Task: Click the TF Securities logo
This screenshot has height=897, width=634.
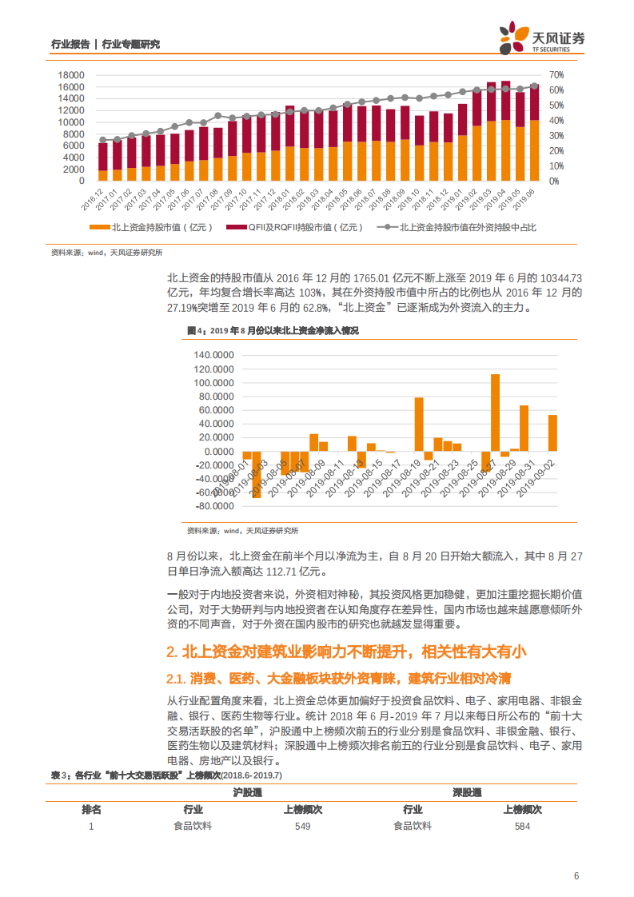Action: coord(541,38)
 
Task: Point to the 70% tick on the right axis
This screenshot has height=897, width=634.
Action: coord(556,75)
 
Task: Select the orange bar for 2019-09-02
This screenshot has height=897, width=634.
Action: coord(552,433)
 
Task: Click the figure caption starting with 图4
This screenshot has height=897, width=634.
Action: coord(273,330)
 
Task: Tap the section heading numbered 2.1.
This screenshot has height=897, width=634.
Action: coord(338,680)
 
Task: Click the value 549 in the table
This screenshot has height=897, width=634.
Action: coord(302,827)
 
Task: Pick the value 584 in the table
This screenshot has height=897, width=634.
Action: coord(522,827)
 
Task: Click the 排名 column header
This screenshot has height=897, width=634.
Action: coord(91,809)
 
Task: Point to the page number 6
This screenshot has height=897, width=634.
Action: coord(576,875)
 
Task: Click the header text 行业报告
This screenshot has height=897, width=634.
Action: coord(70,44)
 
